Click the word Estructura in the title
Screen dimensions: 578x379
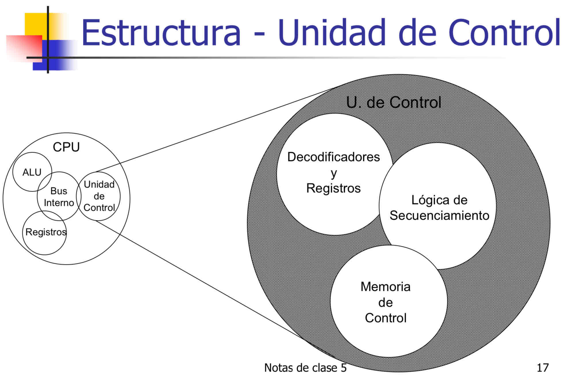[x=161, y=32]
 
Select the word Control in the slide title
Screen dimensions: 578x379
[x=504, y=32]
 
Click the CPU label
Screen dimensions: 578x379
[x=66, y=147]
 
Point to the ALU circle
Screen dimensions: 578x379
[x=32, y=172]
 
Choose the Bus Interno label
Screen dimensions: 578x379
[x=59, y=197]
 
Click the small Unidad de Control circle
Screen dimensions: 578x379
[x=98, y=196]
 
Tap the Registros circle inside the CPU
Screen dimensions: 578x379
[x=45, y=233]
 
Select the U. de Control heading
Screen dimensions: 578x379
[x=393, y=102]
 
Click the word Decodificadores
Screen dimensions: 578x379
[x=333, y=157]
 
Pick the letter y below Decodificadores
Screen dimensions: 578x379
[x=333, y=173]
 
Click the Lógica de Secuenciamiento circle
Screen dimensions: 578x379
[x=437, y=206]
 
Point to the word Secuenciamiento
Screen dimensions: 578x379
[x=439, y=215]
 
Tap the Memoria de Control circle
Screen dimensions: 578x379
[x=389, y=301]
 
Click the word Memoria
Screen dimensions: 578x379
[x=385, y=287]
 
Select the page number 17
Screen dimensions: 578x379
[x=543, y=368]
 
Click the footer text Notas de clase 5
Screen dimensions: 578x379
[x=305, y=368]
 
